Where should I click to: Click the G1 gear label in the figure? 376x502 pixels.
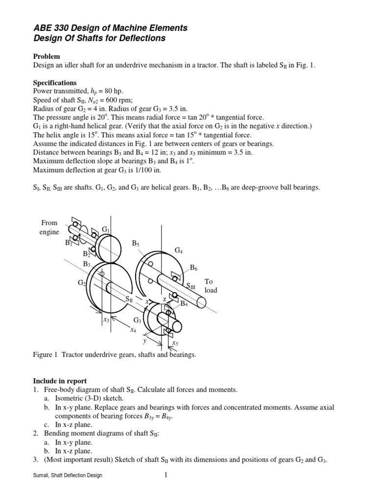[106, 229]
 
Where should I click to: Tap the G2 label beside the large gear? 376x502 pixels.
[82, 283]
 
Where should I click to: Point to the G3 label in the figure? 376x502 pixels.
[138, 320]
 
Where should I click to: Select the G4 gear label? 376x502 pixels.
[179, 251]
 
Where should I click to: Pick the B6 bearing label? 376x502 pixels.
[194, 268]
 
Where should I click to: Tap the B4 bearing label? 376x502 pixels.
[185, 304]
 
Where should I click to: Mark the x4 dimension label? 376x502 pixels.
[133, 330]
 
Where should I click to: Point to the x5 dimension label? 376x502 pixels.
[175, 343]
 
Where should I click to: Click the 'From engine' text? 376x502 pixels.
[49, 227]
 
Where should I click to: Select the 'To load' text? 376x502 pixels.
[211, 286]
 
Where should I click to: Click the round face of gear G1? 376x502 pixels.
[108, 249]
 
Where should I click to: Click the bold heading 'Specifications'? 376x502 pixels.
[55, 83]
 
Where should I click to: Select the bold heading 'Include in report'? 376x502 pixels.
[60, 380]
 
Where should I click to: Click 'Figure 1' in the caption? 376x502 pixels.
[45, 354]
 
